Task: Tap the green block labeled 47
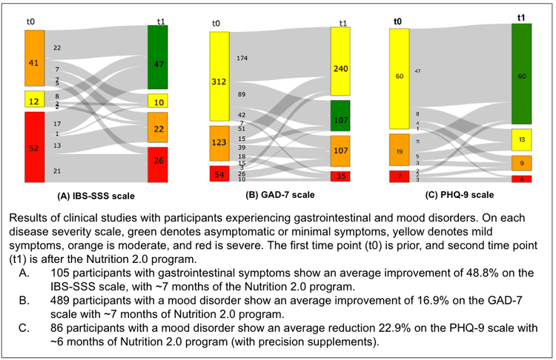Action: tap(159, 57)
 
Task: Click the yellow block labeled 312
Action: tap(220, 76)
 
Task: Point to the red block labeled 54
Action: tap(220, 173)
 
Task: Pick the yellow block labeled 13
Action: tap(522, 139)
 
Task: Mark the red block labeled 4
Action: tap(522, 179)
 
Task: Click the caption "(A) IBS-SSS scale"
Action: tap(101, 197)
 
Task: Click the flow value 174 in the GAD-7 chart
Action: tap(242, 58)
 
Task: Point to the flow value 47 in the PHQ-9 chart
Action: tap(418, 71)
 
